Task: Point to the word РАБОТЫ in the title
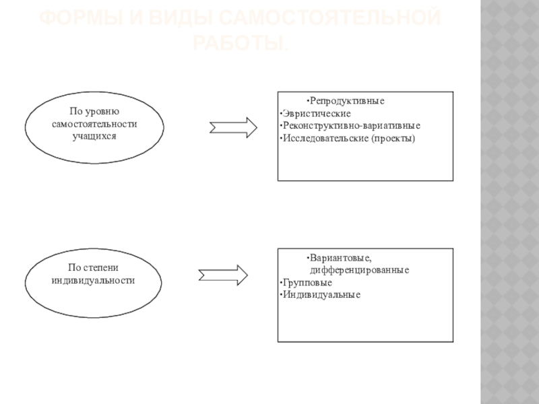[x=236, y=43]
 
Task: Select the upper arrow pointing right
[x=233, y=127]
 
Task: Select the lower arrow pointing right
[x=223, y=274]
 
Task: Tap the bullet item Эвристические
[x=313, y=113]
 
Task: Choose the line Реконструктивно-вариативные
[x=351, y=126]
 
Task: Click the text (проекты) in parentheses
[x=393, y=139]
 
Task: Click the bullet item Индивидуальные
[x=321, y=295]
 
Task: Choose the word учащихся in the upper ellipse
[x=94, y=136]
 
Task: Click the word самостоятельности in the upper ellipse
[x=94, y=125]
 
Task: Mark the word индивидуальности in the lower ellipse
[x=94, y=279]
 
